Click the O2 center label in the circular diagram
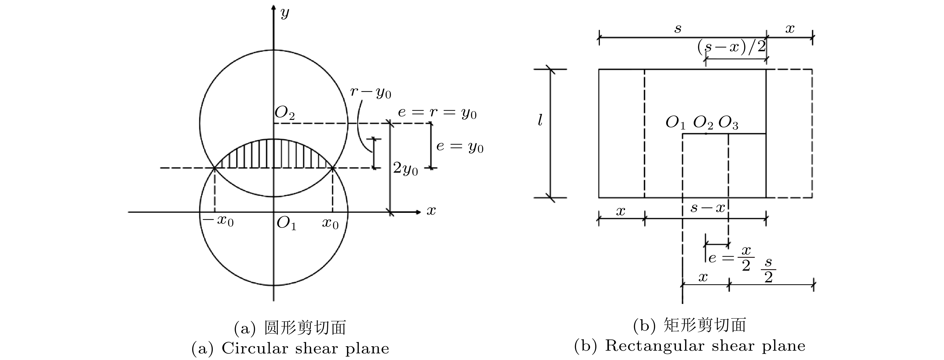(285, 113)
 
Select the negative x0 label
(219, 221)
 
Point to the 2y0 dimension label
(405, 169)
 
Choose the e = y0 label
(460, 147)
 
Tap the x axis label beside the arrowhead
(431, 211)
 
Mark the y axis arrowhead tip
(273, 5)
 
